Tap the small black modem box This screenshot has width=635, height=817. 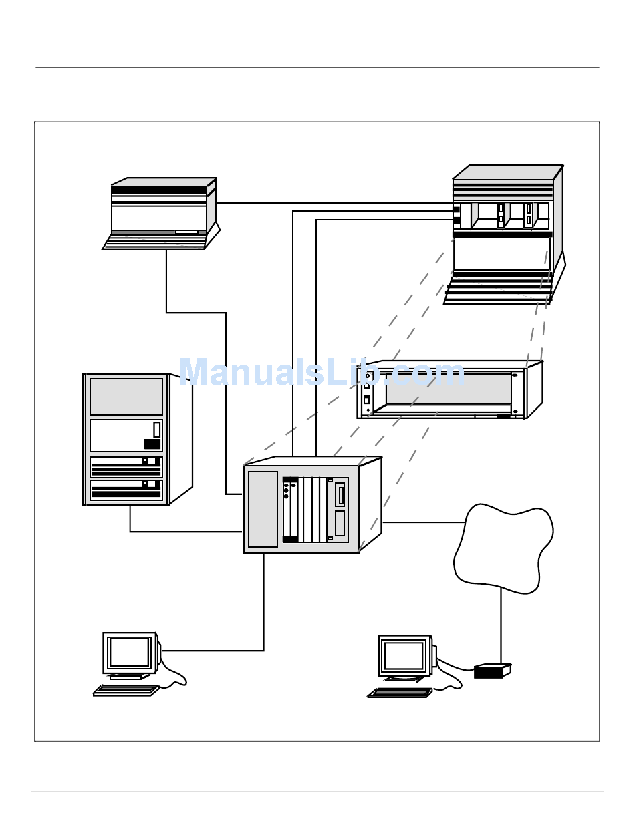(x=492, y=671)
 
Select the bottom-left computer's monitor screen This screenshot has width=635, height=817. (x=129, y=651)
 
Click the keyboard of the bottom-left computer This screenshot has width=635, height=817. (x=126, y=690)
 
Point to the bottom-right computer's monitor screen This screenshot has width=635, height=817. (x=404, y=655)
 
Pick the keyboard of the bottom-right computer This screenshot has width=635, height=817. (x=400, y=693)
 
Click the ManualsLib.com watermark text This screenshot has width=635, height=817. (x=322, y=372)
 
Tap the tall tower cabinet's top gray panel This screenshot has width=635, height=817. (x=126, y=396)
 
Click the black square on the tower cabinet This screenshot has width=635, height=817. (x=152, y=444)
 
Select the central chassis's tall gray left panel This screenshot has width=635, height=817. (x=263, y=509)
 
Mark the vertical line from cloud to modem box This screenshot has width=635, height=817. (x=501, y=626)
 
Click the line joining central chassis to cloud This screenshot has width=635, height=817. (x=424, y=522)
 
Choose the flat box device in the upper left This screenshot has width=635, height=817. (x=161, y=213)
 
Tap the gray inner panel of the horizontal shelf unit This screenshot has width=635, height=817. (x=449, y=388)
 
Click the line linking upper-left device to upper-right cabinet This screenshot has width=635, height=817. (x=335, y=203)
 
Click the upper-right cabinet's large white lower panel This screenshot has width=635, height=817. (x=502, y=254)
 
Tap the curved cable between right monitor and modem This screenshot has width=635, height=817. (x=455, y=666)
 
